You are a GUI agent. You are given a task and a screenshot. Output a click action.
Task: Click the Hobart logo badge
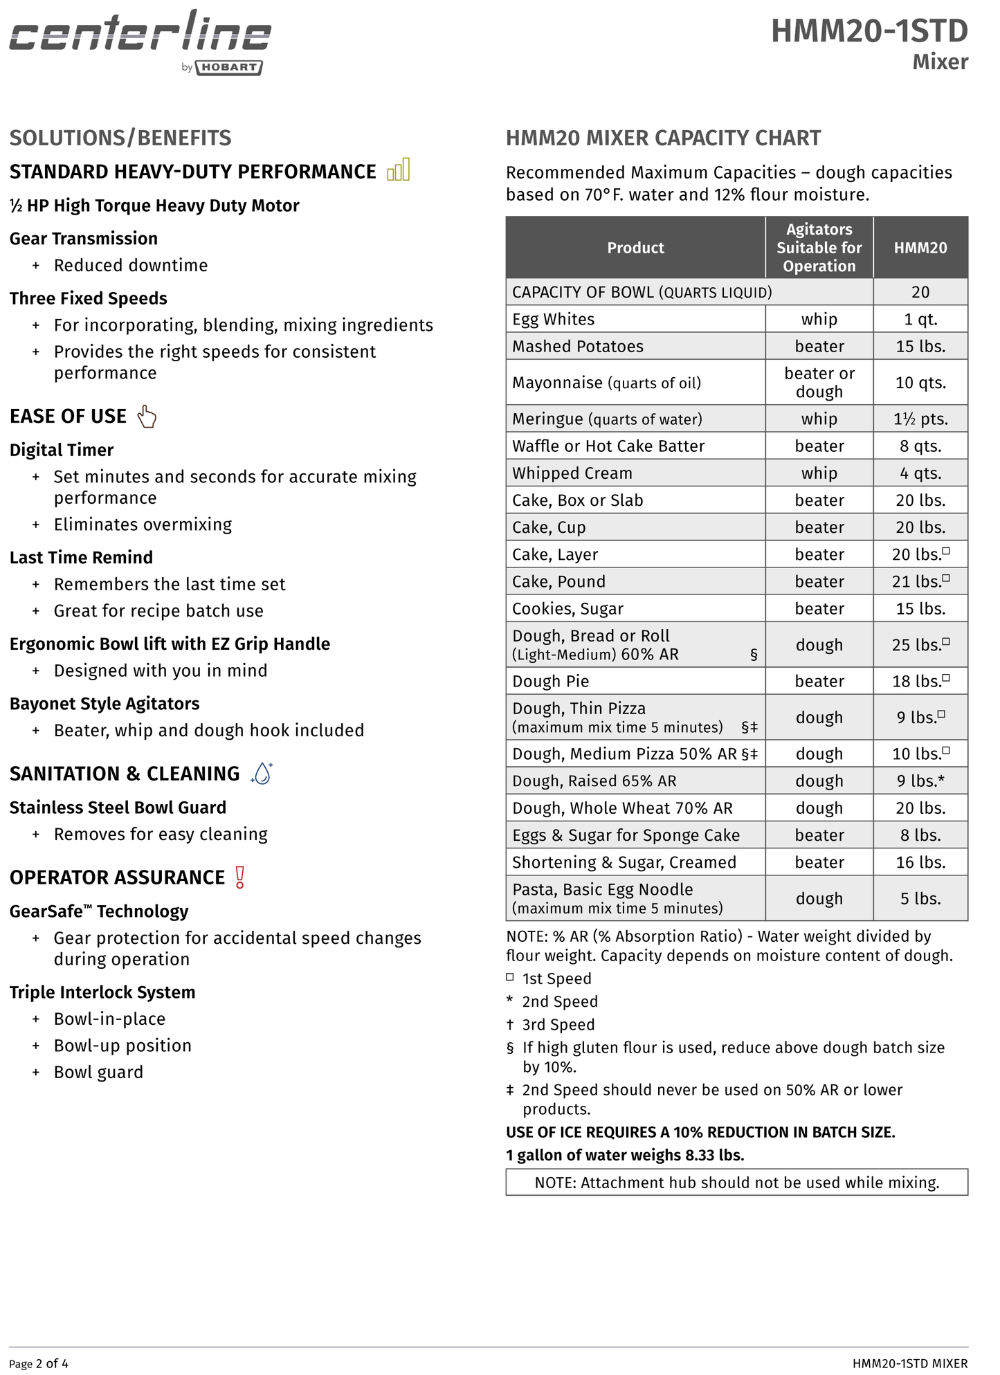(228, 68)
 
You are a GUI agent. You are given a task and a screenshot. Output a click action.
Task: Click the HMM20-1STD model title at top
(869, 32)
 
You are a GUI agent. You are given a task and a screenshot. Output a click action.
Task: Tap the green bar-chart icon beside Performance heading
(399, 170)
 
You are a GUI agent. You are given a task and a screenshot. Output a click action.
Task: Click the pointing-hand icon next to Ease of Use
(147, 417)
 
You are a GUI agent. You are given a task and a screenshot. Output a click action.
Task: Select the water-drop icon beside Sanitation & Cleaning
(262, 773)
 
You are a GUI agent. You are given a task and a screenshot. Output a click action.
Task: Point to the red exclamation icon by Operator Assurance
(239, 877)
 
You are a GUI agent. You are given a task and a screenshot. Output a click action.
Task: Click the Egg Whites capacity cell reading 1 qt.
(920, 319)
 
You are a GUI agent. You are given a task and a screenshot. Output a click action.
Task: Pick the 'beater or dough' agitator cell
(819, 382)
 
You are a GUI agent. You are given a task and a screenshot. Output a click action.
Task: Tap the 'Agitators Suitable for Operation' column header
(819, 248)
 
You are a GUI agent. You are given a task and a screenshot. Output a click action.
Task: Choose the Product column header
(635, 248)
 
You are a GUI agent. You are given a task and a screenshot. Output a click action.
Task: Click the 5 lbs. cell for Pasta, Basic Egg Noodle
(920, 898)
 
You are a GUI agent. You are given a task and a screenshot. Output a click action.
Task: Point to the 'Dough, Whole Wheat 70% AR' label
(621, 808)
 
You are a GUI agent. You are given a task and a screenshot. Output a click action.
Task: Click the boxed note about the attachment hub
(736, 1183)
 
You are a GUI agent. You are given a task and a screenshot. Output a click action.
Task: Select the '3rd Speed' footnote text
(558, 1025)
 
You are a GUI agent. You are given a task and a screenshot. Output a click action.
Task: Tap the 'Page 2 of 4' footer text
(39, 1364)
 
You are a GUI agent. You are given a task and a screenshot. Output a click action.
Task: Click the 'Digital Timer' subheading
(62, 450)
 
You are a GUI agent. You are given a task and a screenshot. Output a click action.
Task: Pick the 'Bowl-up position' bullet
(122, 1046)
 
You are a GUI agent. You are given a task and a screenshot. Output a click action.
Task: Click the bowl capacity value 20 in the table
(920, 292)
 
